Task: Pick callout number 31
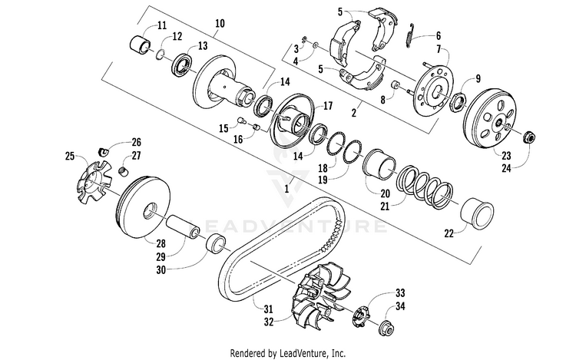click(268, 309)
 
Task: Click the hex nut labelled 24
click(530, 139)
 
